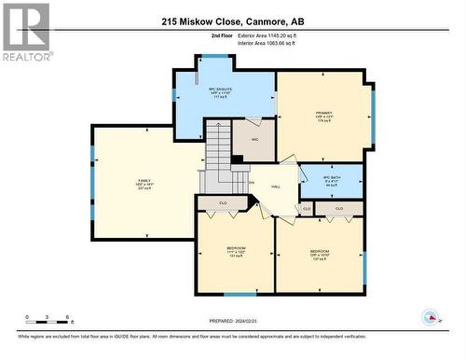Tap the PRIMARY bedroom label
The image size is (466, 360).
coord(323,115)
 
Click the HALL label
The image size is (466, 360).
coord(276,187)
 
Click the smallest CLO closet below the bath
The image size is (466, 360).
coord(307,208)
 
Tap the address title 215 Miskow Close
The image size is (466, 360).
coord(233,21)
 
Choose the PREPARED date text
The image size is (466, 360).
coord(232,322)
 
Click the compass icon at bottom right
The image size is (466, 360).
coord(430,317)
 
